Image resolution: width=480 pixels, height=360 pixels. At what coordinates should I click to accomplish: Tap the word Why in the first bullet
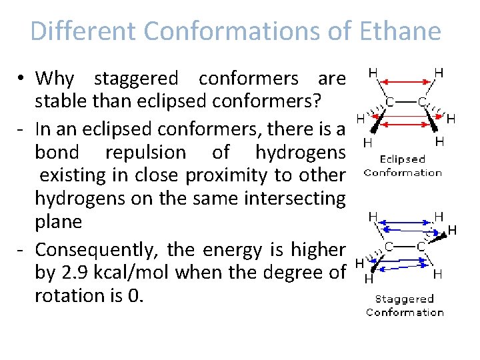pos(55,79)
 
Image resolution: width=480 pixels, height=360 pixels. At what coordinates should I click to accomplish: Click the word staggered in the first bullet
pos(136,79)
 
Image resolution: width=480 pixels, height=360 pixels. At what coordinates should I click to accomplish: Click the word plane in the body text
pos(58,221)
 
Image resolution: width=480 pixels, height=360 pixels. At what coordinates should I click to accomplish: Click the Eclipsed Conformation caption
pos(403,166)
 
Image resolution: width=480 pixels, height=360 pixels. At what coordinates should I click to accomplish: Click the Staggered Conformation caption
pos(405,305)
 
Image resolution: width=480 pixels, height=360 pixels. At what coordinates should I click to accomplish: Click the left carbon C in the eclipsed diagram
pos(388,102)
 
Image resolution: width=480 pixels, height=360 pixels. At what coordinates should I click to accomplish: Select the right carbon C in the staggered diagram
pos(421,246)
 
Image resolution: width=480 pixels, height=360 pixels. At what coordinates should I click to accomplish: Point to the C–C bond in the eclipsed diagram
pos(405,102)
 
